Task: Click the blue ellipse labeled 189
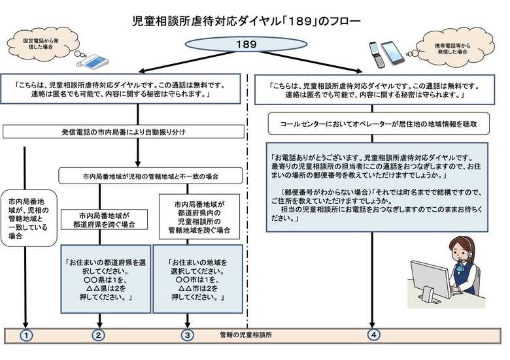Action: tap(246, 44)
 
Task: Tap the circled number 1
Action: tap(26, 335)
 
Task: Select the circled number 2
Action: tap(99, 335)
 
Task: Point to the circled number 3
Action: tap(188, 335)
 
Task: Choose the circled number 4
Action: tap(374, 335)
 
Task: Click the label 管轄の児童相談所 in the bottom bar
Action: tap(246, 335)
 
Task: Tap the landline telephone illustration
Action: tap(92, 61)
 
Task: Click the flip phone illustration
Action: tap(377, 55)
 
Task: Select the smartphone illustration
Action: tap(393, 52)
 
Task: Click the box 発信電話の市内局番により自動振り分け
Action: tap(124, 132)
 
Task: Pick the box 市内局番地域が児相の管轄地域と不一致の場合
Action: tap(150, 176)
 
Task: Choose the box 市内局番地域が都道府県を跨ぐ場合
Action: tap(104, 220)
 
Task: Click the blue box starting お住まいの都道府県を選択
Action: tap(106, 279)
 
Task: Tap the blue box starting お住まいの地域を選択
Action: tap(197, 279)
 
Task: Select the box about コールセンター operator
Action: tap(379, 123)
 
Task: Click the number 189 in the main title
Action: tap(299, 21)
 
